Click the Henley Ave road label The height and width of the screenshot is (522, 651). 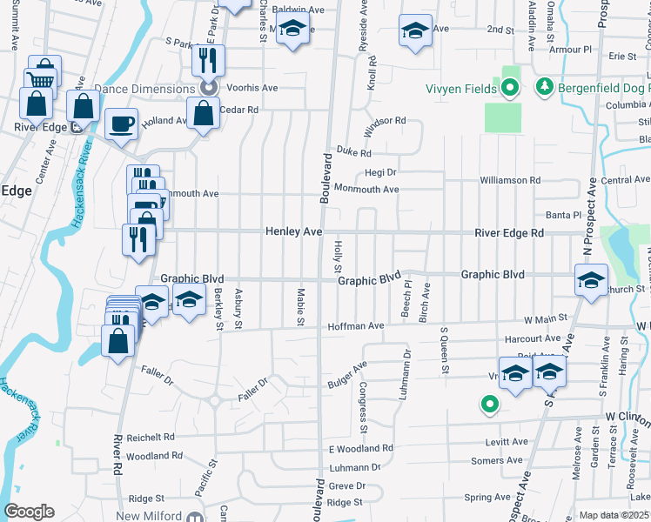(294, 232)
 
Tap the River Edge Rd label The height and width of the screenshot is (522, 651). (508, 233)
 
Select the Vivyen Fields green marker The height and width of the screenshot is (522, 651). (511, 87)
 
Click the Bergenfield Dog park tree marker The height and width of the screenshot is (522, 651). (545, 87)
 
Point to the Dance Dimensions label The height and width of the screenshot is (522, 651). (144, 89)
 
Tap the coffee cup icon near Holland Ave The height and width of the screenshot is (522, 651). (121, 123)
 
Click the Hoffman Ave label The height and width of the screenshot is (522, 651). (355, 326)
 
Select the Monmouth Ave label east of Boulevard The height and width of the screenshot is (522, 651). (366, 189)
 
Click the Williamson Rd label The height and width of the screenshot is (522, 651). (510, 180)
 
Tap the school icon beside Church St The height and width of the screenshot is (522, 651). (591, 281)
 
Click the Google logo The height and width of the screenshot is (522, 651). (29, 512)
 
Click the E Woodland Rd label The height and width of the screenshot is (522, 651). (360, 449)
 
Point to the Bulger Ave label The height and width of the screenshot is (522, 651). (347, 375)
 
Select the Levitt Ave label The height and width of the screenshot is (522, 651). (507, 442)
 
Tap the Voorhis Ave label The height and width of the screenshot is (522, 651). (252, 88)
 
